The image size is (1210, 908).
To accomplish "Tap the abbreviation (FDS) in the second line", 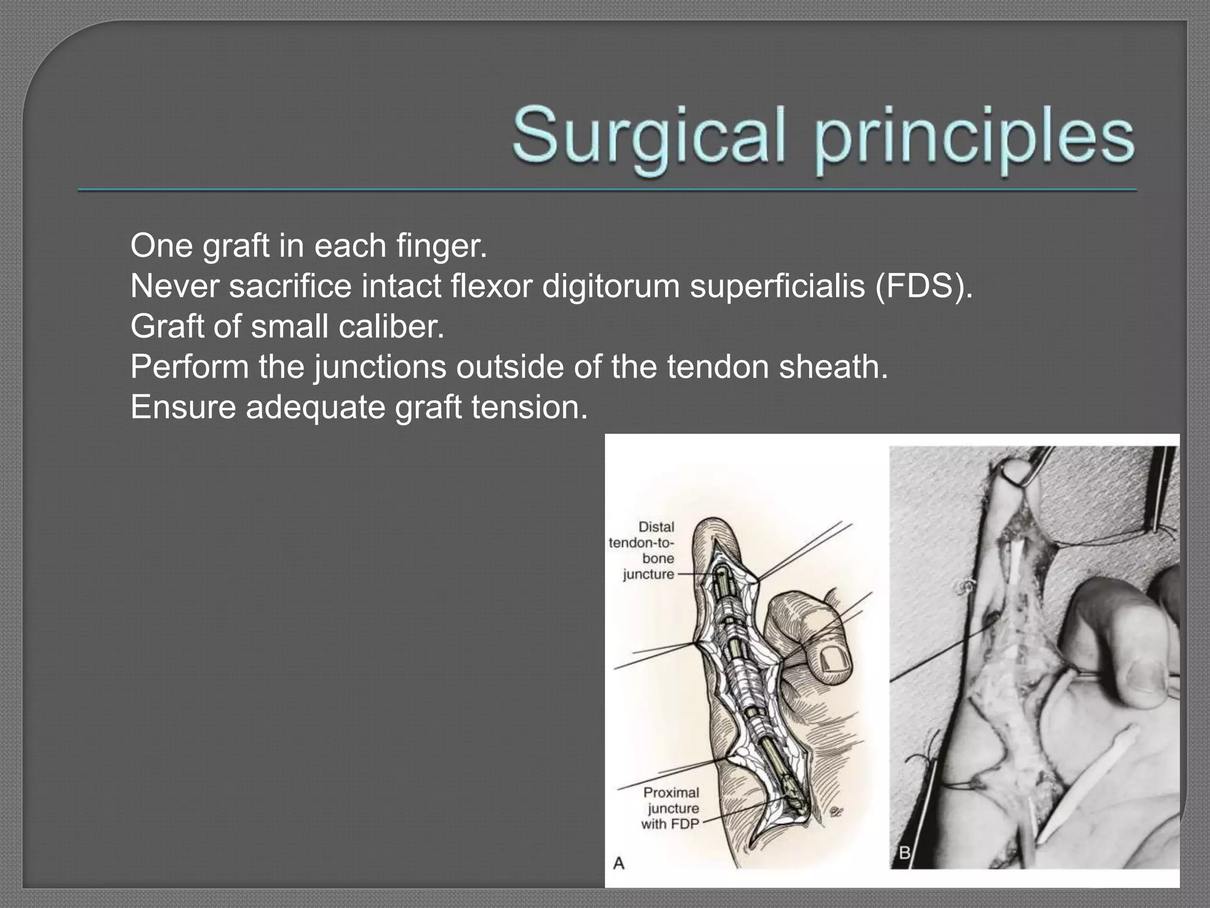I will tap(923, 286).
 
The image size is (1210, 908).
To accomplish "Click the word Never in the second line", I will tap(175, 286).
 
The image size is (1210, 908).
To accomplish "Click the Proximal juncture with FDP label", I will tap(671, 808).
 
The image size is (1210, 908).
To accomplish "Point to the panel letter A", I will tap(619, 864).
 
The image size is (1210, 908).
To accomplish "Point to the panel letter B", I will tap(905, 853).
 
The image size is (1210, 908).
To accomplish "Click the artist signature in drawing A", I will tap(835, 811).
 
